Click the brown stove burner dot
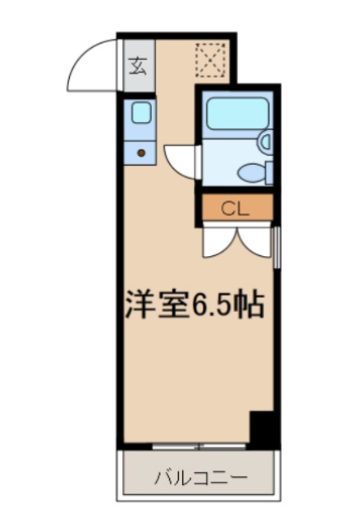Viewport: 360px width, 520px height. pyautogui.click(x=141, y=151)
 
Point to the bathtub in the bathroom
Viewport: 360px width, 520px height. pyautogui.click(x=236, y=114)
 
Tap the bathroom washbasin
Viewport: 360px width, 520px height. pyautogui.click(x=264, y=141)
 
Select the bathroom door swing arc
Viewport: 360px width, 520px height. pyautogui.click(x=179, y=159)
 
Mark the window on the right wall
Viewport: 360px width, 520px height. pyautogui.click(x=278, y=248)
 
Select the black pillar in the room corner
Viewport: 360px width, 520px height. pyautogui.click(x=262, y=427)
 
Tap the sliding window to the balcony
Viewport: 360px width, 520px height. pyautogui.click(x=199, y=446)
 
